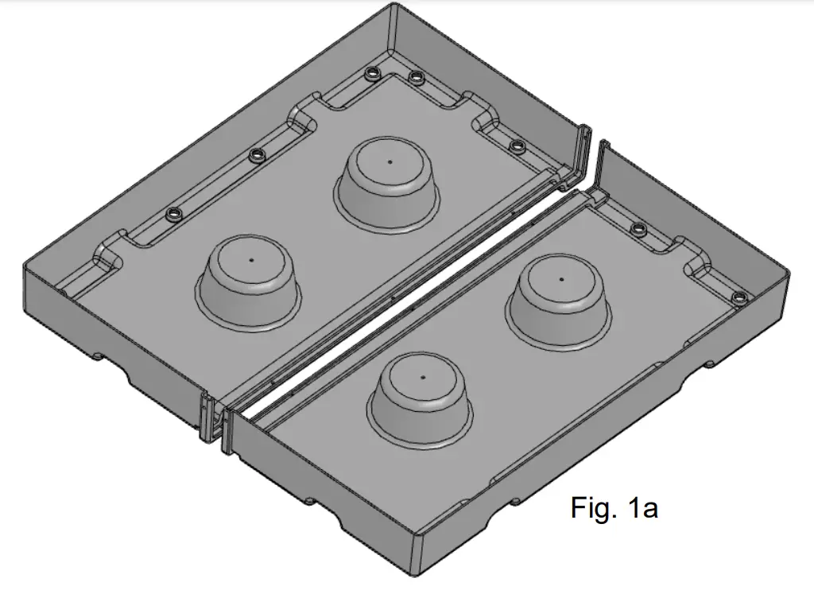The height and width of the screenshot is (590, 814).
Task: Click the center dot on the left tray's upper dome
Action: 390,161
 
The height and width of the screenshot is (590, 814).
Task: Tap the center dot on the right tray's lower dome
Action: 423,376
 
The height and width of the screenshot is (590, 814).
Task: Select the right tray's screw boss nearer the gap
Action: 637,230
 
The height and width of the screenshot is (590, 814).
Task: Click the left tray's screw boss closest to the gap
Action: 517,146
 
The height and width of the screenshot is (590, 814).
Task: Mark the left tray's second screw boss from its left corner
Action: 255,155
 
